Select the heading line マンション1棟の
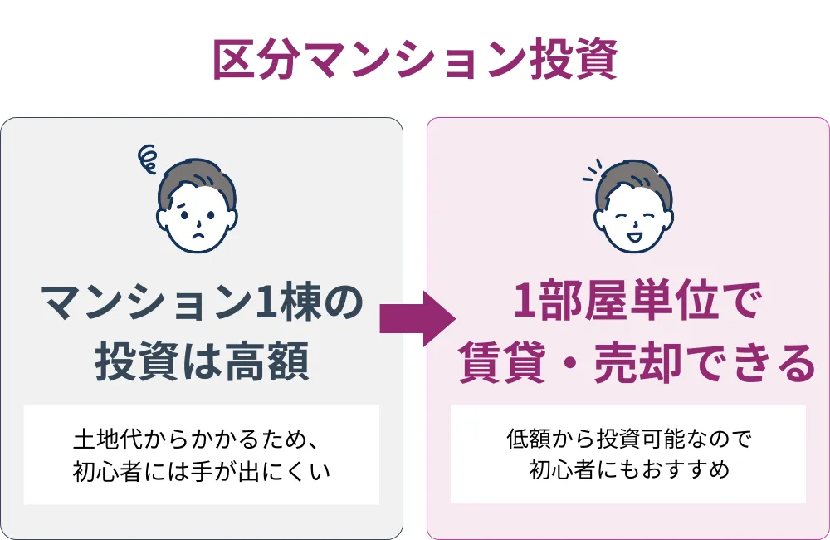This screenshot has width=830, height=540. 202,303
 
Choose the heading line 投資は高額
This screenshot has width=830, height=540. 202,362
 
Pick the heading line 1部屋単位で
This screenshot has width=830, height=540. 628,303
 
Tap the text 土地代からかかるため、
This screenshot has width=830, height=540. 202,438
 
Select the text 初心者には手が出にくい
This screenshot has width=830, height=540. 202,471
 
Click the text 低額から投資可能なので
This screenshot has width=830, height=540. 628,438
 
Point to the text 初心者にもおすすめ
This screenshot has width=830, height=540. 628,471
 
